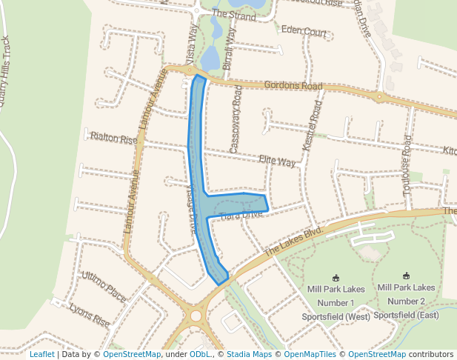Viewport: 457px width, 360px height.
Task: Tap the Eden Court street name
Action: pyautogui.click(x=304, y=32)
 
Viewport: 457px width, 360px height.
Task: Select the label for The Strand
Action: pyautogui.click(x=234, y=13)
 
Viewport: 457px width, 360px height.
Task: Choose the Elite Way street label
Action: pyautogui.click(x=277, y=161)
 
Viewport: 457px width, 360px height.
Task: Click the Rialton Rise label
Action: pyautogui.click(x=113, y=139)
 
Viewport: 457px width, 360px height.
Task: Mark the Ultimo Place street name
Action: pyautogui.click(x=104, y=282)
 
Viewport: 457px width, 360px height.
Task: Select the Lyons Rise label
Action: pyautogui.click(x=88, y=316)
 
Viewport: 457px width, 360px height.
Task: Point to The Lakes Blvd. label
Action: pyautogui.click(x=294, y=240)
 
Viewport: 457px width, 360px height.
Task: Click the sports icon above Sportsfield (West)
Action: pyautogui.click(x=336, y=277)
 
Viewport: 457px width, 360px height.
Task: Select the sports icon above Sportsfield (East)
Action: pyautogui.click(x=406, y=276)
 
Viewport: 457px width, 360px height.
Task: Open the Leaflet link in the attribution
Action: pyautogui.click(x=41, y=354)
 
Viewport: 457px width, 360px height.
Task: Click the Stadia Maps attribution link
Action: pyautogui.click(x=249, y=354)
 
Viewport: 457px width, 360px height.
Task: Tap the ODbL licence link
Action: pyautogui.click(x=201, y=354)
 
